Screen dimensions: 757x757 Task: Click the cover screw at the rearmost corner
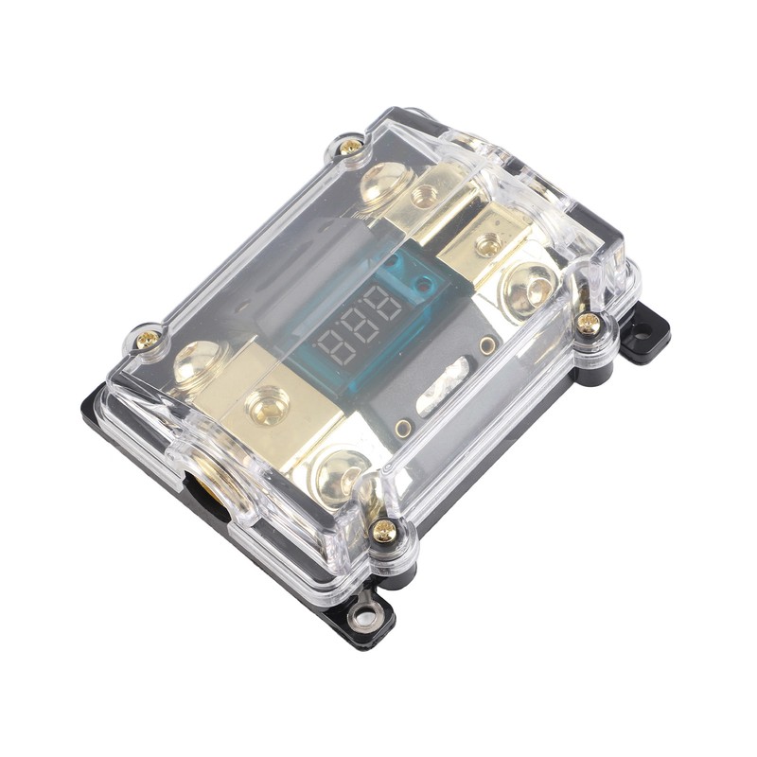coord(351,147)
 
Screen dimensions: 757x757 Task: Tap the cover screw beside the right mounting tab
coord(589,324)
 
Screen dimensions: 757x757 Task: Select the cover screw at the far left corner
coord(147,339)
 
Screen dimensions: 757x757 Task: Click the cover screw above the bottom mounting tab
coord(383,531)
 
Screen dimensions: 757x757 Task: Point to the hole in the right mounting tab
coord(643,332)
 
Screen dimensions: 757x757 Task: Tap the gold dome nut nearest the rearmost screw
coord(387,183)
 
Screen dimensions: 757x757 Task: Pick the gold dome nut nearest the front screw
coord(338,469)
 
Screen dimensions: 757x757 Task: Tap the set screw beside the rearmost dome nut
coord(425,197)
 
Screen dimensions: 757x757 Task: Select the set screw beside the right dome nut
coord(489,247)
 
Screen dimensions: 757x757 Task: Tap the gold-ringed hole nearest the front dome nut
coord(404,429)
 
